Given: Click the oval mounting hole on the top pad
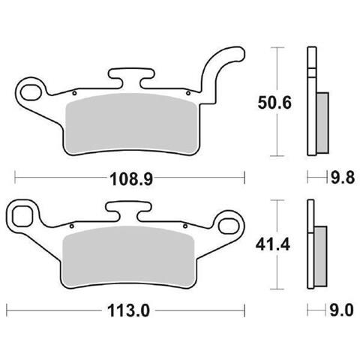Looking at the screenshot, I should [33, 91].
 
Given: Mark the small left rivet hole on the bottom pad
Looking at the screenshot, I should [70, 226].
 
